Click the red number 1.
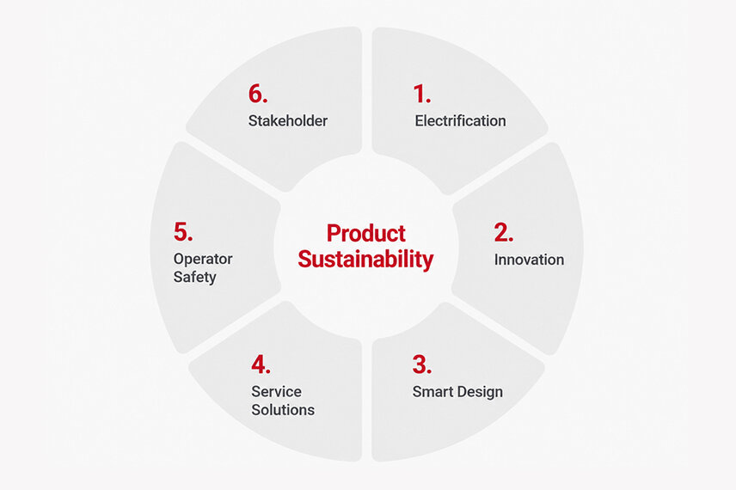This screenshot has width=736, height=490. (420, 94)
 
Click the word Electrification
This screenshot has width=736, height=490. (461, 120)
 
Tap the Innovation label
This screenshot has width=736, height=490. (529, 260)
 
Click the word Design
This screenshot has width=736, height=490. (474, 393)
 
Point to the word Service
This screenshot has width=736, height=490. (277, 391)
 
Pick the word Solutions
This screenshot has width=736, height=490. (283, 410)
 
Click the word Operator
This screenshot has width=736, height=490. (203, 260)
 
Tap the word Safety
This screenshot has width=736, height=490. (195, 278)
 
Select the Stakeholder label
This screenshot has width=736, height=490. (288, 120)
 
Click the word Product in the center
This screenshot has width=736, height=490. (366, 233)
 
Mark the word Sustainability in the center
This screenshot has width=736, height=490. (365, 260)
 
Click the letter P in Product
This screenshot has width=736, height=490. (334, 233)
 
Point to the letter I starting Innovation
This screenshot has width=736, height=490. (496, 260)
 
